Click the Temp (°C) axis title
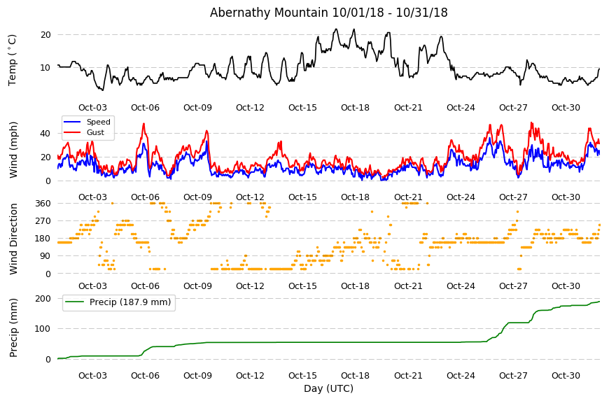(13, 60)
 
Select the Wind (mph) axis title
(13, 150)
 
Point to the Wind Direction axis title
(13, 239)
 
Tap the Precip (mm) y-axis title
(13, 328)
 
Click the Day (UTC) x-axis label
(328, 388)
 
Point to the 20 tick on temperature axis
(45, 35)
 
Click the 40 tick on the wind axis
(45, 134)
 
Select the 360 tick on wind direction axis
(43, 204)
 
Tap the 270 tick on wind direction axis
(43, 221)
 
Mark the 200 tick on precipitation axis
(43, 299)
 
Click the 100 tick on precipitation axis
(43, 329)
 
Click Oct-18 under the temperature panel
(355, 108)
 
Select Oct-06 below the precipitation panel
(146, 376)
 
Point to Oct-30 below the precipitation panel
(566, 376)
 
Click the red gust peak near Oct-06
(143, 124)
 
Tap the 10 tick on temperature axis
(45, 68)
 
